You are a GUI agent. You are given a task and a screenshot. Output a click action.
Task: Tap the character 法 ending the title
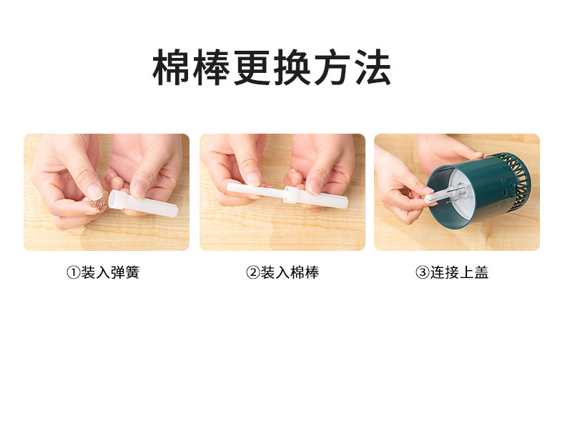point(372,69)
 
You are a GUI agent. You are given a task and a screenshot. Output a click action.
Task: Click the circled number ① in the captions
point(72,272)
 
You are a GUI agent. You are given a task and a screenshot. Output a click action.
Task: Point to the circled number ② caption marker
point(252,272)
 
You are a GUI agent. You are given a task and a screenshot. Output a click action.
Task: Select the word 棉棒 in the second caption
point(304,272)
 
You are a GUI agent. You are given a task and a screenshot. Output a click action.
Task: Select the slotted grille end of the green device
point(521,175)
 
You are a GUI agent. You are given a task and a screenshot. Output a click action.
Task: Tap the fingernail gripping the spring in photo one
point(94,191)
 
